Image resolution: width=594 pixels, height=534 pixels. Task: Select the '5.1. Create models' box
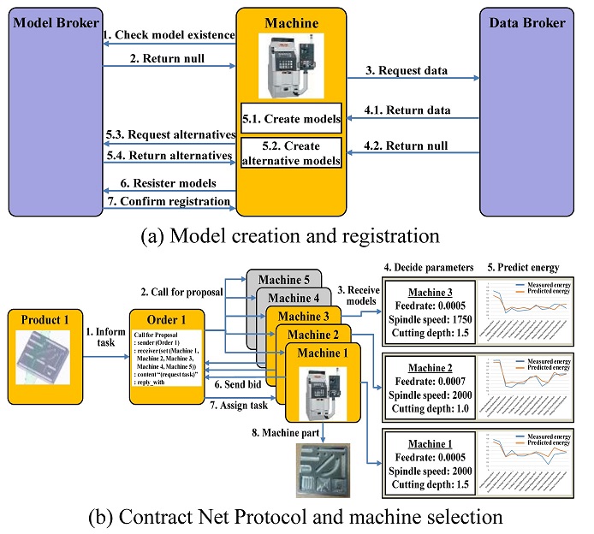290,118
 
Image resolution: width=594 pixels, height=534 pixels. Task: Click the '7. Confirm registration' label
169,201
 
